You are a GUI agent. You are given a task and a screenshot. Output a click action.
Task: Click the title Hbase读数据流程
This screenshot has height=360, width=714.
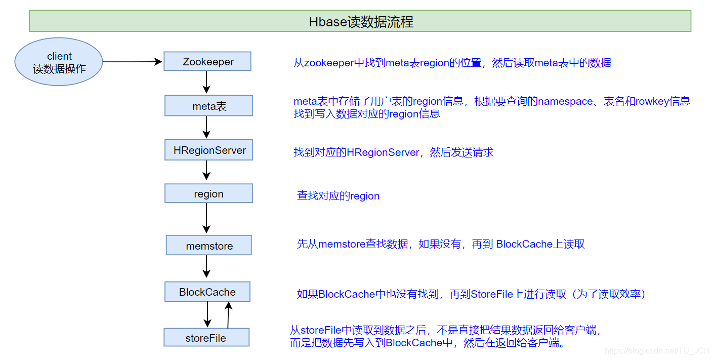[x=361, y=22]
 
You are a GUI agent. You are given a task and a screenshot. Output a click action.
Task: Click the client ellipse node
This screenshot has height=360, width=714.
[x=59, y=62]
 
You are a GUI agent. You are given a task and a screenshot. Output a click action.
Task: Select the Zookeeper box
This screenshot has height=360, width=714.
[x=207, y=62]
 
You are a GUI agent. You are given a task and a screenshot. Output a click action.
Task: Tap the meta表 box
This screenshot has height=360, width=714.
[x=208, y=106]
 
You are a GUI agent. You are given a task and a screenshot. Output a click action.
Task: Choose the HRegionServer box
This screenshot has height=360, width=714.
[x=208, y=150]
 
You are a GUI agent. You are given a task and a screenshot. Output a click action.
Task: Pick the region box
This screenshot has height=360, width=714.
[x=208, y=194]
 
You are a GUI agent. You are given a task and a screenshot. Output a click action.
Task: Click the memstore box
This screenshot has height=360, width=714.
[x=208, y=246]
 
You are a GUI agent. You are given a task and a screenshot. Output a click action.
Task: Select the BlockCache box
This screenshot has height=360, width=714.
[x=207, y=292]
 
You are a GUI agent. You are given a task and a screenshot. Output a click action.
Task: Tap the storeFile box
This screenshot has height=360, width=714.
[x=206, y=338]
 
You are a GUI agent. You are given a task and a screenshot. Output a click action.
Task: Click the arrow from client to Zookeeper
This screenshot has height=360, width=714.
[x=133, y=62]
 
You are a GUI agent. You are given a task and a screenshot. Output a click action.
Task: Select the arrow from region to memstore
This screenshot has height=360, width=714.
[x=206, y=218]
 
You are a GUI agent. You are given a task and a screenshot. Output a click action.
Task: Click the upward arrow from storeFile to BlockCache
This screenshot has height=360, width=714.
[x=228, y=315]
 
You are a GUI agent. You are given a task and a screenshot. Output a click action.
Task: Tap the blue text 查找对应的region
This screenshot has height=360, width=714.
[x=338, y=196]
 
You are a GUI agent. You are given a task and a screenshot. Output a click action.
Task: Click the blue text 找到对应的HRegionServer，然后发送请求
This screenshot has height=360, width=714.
[x=393, y=152]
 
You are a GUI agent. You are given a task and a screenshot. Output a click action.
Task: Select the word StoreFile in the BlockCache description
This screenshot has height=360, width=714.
[x=492, y=294]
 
